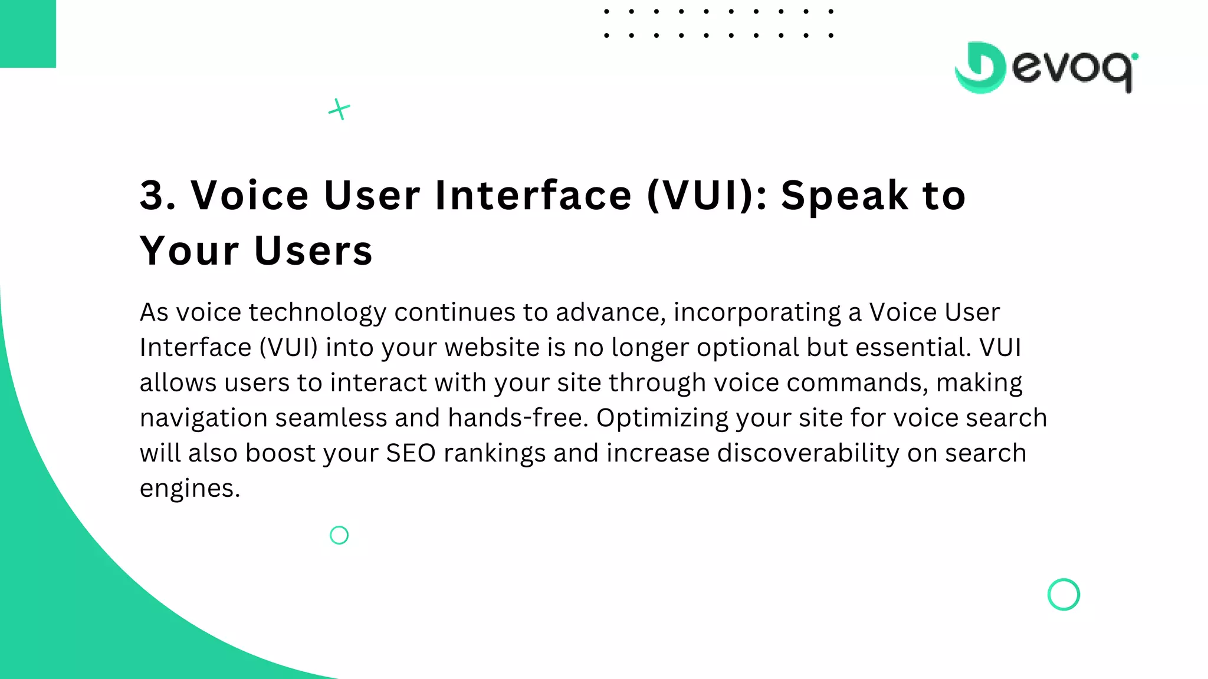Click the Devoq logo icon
[980, 68]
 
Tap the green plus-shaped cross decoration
[339, 109]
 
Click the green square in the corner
[28, 34]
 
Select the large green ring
[1063, 594]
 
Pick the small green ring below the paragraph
[339, 535]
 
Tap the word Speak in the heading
[845, 195]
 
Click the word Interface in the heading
[533, 195]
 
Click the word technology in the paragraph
[317, 312]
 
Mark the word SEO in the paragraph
[411, 453]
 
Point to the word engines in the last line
[189, 489]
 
